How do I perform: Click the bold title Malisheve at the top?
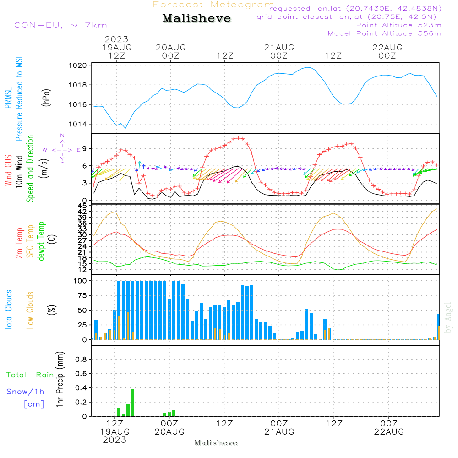(196, 18)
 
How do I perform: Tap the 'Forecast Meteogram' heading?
(213, 5)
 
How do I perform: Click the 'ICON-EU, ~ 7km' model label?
(59, 25)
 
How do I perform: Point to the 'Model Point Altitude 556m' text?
(384, 33)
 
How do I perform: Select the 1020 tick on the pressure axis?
(78, 65)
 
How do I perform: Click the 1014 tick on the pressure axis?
(78, 124)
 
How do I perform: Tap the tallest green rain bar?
(133, 403)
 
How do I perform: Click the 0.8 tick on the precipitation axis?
(81, 359)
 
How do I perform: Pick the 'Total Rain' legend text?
(30, 375)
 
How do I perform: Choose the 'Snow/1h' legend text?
(25, 392)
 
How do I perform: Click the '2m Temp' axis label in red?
(19, 243)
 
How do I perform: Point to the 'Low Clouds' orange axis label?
(30, 310)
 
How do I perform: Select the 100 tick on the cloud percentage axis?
(80, 281)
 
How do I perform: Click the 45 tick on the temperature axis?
(82, 206)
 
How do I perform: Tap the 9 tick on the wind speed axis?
(85, 149)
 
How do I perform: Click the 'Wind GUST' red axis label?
(8, 169)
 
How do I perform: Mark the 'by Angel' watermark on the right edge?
(448, 317)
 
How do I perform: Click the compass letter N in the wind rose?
(62, 136)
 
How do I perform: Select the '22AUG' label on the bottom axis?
(389, 432)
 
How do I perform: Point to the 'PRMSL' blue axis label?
(8, 98)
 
